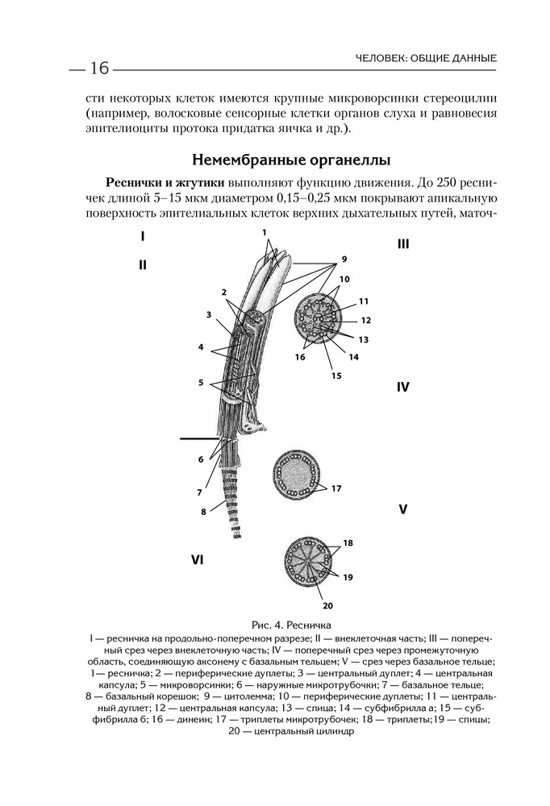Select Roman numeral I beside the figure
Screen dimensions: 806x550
click(x=143, y=237)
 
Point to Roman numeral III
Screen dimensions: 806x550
click(x=403, y=243)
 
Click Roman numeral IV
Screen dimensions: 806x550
click(x=403, y=387)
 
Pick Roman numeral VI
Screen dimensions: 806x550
click(x=196, y=559)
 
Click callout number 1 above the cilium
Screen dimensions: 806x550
click(x=264, y=232)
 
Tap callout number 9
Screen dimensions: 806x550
click(x=344, y=260)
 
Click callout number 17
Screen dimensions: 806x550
click(x=336, y=488)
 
